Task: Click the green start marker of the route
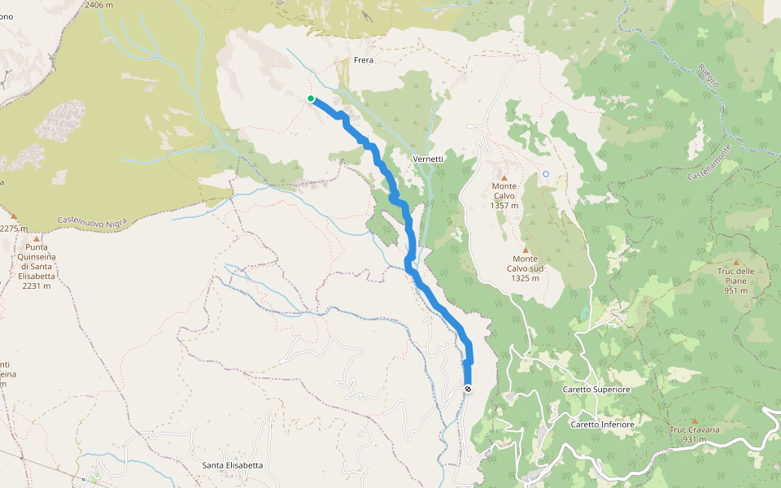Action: coord(311,98)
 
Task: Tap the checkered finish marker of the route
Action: coord(468,389)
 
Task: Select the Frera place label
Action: coord(363,60)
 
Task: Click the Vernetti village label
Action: coord(428,159)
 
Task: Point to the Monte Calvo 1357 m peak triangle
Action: coord(504,177)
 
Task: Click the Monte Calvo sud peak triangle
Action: coord(526,250)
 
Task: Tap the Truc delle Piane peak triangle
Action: coord(736,262)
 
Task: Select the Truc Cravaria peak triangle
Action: coord(694,420)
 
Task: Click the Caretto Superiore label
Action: coord(596,390)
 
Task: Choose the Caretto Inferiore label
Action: coord(601,425)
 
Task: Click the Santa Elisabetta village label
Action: coord(233,465)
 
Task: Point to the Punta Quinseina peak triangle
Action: coord(37,238)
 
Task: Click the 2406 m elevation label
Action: coord(98,5)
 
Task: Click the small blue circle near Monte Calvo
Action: coord(546,174)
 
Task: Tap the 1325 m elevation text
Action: coord(526,278)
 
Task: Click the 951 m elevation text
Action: coord(736,290)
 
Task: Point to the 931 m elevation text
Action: coord(694,439)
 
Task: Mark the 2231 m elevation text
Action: coord(37,285)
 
